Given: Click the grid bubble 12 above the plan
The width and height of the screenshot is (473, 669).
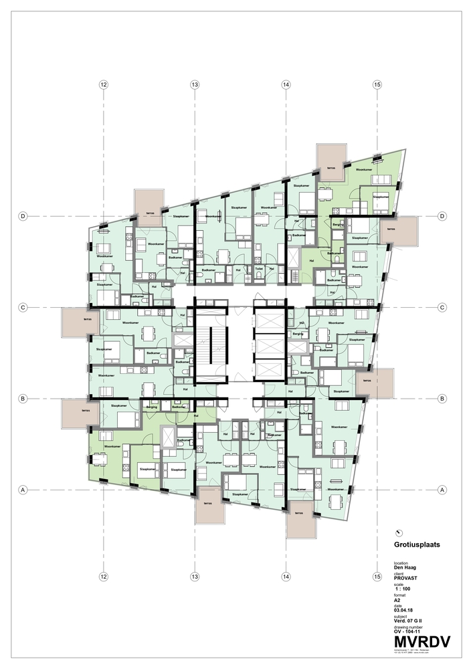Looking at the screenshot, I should click(103, 85).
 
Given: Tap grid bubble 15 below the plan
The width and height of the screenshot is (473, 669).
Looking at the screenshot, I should click(377, 576).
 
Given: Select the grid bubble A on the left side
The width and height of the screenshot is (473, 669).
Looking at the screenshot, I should click(23, 490).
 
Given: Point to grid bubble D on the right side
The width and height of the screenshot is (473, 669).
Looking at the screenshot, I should click(442, 216).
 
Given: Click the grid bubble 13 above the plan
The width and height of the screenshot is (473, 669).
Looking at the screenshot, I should click(194, 85).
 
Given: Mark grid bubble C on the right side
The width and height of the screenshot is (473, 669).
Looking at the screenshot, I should click(442, 307).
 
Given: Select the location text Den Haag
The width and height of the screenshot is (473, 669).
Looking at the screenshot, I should click(405, 567).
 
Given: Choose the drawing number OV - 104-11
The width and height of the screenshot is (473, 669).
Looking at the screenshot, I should click(411, 631).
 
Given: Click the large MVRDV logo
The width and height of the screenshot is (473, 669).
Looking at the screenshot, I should click(421, 643).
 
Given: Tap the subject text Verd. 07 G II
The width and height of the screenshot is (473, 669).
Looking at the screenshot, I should click(409, 620).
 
